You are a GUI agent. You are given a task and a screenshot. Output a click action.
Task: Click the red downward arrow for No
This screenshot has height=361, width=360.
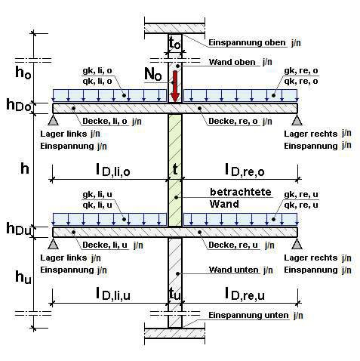[x=175, y=86]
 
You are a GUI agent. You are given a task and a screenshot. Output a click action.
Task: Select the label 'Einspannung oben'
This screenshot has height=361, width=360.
[x=247, y=43]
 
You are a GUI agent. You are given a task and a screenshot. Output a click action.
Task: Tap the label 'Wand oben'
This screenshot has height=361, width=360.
[x=232, y=62]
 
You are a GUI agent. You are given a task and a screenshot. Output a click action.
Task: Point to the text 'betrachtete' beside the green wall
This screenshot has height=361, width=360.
[x=241, y=192]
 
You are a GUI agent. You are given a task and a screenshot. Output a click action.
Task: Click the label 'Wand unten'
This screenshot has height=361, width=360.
[x=233, y=270]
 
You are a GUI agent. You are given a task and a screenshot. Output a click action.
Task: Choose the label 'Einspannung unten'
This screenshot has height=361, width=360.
[x=248, y=316]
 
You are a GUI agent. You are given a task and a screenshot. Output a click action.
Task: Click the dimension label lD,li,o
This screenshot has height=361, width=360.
[x=113, y=170]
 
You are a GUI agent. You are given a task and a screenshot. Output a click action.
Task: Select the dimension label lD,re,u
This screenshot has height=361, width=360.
[x=245, y=294]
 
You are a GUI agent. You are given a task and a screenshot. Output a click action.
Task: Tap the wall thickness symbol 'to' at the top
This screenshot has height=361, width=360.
[x=175, y=43]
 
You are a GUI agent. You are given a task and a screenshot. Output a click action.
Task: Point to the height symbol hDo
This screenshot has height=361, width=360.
[x=19, y=106]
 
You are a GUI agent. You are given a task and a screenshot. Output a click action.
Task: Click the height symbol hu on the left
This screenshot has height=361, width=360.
[x=23, y=277]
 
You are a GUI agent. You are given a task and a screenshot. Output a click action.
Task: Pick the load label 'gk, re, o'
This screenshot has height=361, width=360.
[x=301, y=71]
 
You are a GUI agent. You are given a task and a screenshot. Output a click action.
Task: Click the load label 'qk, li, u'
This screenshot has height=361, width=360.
[x=97, y=205]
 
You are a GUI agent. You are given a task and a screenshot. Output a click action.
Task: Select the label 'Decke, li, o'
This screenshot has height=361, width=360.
[x=105, y=122]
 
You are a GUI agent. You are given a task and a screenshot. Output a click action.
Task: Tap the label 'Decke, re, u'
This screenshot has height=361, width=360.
[x=233, y=245]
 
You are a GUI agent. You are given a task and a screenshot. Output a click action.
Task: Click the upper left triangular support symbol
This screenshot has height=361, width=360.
[x=54, y=120]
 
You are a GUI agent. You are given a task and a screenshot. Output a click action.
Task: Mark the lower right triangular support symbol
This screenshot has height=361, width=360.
[x=297, y=244]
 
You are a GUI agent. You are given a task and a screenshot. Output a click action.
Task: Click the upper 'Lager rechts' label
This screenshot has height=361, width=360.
[x=310, y=134]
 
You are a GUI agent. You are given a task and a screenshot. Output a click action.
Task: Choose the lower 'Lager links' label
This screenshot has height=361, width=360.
[x=63, y=258]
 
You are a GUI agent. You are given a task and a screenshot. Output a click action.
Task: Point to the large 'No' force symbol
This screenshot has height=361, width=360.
[x=153, y=74]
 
